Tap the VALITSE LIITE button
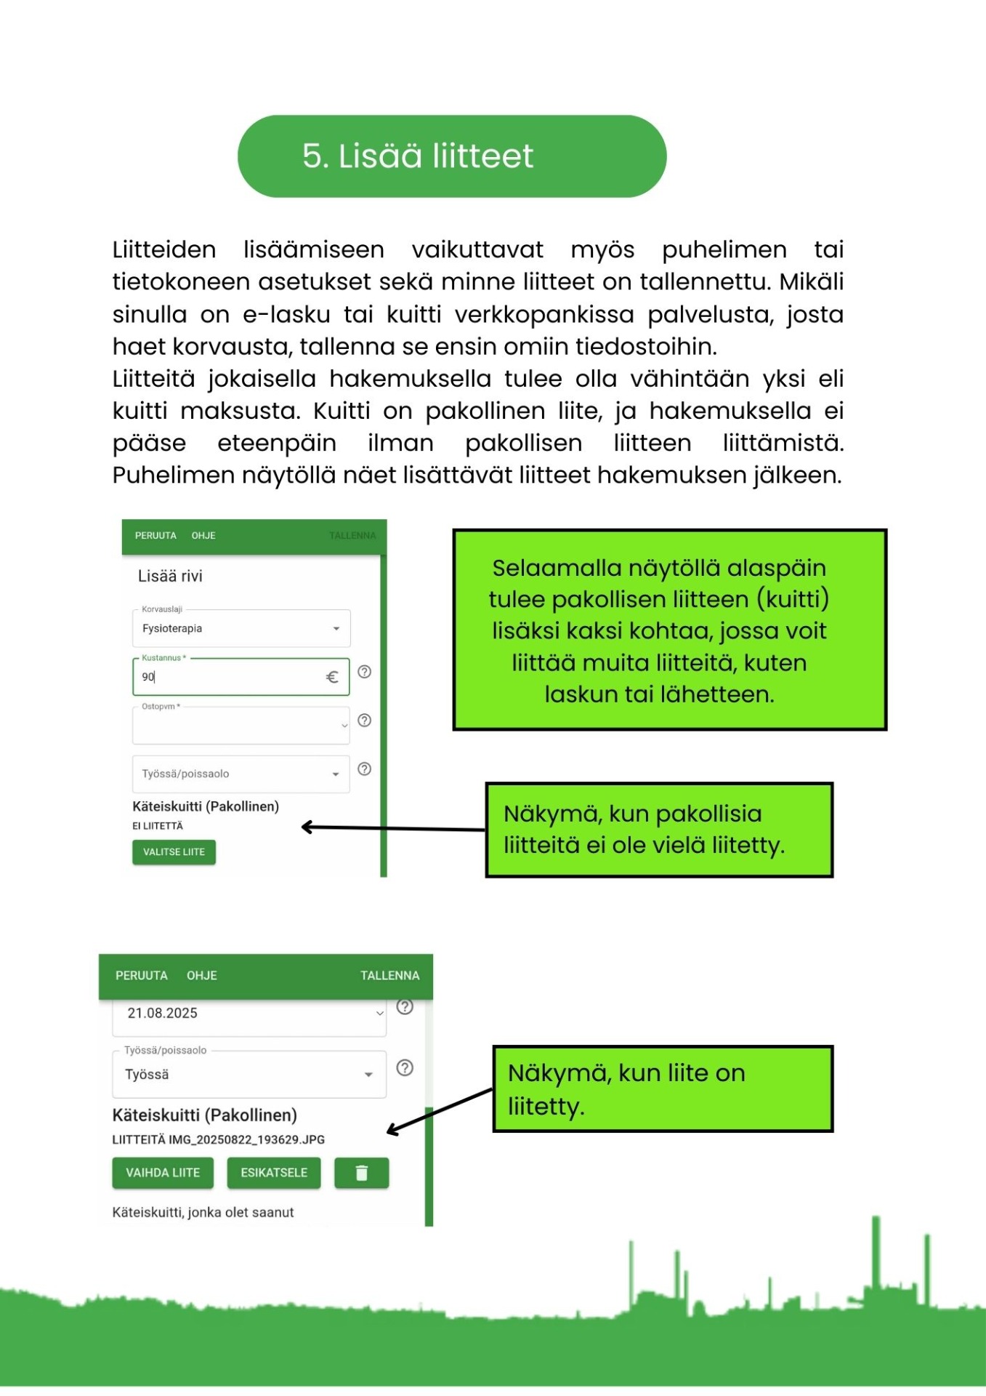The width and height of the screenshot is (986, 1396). (x=174, y=852)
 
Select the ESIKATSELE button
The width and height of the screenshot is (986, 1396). (x=274, y=1173)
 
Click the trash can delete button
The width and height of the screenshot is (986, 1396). (x=361, y=1173)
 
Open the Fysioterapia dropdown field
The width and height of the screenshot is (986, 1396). (x=241, y=628)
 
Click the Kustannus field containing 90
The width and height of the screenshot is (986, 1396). (x=229, y=677)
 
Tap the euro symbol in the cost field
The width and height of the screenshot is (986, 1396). (x=332, y=677)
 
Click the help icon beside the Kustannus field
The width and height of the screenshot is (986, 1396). (x=365, y=672)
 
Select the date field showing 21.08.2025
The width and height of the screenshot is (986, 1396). (x=248, y=1014)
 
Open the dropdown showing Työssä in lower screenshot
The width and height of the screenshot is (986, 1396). (x=248, y=1075)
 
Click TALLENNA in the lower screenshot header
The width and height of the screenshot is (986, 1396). (x=389, y=976)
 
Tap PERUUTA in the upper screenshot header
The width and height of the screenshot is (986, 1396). (x=155, y=536)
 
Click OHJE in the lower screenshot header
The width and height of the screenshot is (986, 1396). (x=202, y=976)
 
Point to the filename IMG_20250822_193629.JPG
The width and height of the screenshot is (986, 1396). (x=247, y=1140)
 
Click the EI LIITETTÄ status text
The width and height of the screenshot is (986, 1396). (x=158, y=826)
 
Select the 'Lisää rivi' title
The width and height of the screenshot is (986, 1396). (x=170, y=577)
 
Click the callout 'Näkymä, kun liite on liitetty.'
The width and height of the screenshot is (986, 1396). (x=663, y=1089)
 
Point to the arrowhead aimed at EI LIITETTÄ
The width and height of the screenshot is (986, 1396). (x=307, y=827)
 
